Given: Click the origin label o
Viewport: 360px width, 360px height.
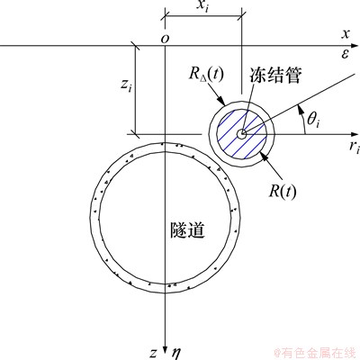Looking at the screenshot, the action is point(165,39).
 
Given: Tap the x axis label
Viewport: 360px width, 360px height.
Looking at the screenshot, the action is point(346,34).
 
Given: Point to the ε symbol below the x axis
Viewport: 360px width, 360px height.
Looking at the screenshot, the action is point(346,54).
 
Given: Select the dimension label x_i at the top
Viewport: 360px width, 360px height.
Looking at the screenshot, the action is point(202,5).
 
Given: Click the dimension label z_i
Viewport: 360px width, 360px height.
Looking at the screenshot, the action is point(126,85).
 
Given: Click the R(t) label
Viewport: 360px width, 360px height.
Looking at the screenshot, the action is point(283,191).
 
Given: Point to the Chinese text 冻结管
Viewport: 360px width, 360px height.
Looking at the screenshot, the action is point(275,75).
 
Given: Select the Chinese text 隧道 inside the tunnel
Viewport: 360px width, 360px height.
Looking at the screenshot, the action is point(187,230).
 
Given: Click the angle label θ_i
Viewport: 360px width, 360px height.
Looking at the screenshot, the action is point(313,121).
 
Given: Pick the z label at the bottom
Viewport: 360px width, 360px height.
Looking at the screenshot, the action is point(153,354).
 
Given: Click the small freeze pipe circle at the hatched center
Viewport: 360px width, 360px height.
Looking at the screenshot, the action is point(241,134).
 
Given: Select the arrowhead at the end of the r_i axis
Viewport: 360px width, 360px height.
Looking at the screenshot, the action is point(355,134).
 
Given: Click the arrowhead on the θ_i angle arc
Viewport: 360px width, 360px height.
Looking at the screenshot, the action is point(299,109).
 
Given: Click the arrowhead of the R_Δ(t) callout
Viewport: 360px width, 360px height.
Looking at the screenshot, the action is point(221,100).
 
